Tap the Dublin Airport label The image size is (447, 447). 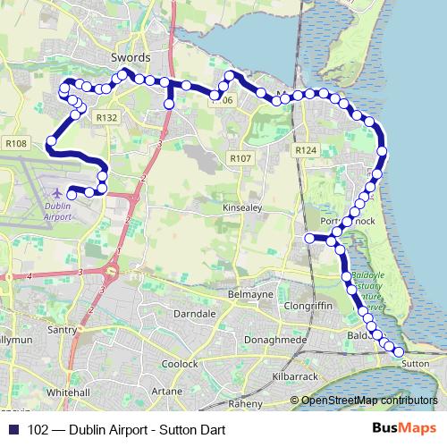tap(57, 211)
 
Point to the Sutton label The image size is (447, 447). tap(416, 364)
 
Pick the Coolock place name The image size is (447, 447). tap(181, 364)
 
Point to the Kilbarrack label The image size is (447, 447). tap(292, 377)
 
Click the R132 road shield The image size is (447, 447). tap(106, 117)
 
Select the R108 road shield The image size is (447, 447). tap(16, 142)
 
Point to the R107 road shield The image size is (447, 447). tap(240, 158)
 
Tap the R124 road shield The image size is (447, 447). tap(306, 150)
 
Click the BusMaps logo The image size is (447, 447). tap(404, 430)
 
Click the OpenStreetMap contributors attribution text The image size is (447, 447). tap(370, 400)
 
